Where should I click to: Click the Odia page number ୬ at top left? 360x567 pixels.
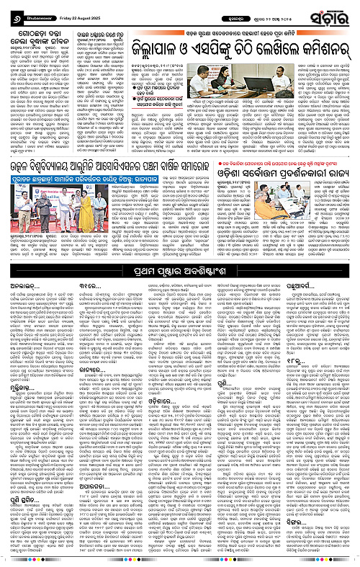pyautogui.click(x=9, y=10)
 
